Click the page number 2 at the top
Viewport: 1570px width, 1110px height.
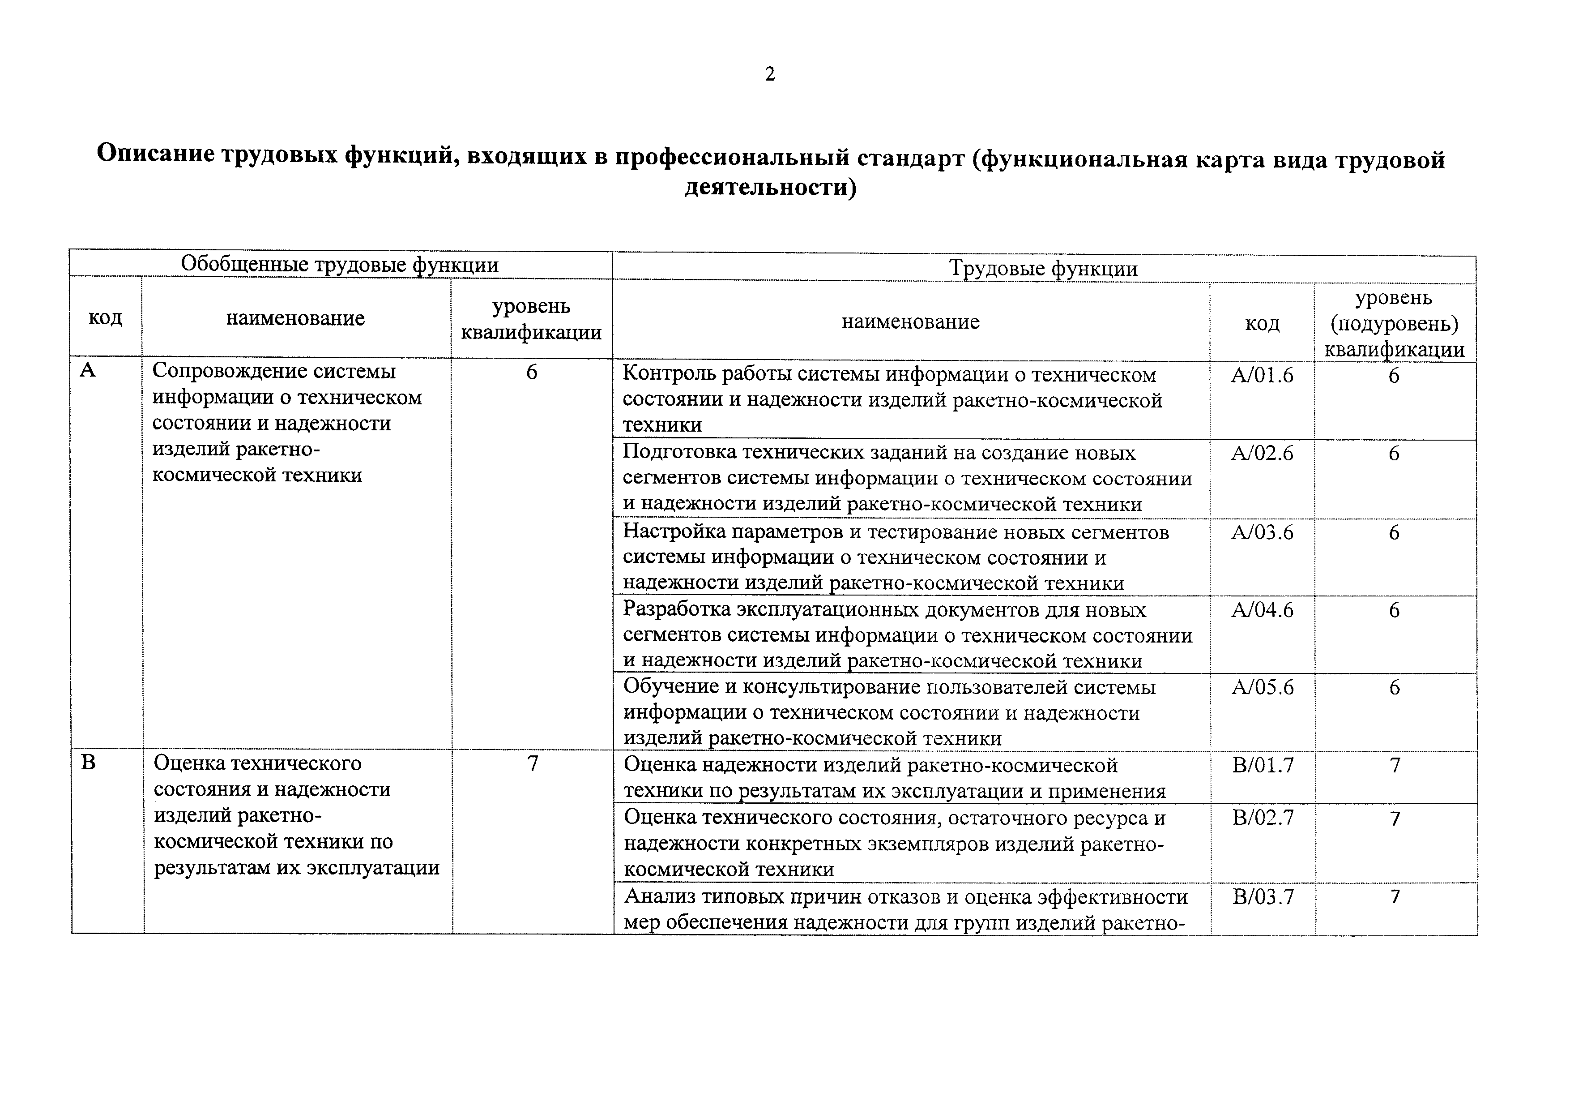pyautogui.click(x=770, y=74)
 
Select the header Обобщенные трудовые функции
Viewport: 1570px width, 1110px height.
pyautogui.click(x=339, y=265)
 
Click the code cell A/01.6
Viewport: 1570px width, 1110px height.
pyautogui.click(x=1262, y=376)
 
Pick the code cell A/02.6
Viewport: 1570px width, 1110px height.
pyautogui.click(x=1262, y=454)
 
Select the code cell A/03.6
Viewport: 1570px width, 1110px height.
pyautogui.click(x=1262, y=532)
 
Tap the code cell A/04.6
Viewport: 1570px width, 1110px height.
pyautogui.click(x=1262, y=610)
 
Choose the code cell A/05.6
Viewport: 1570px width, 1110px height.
pyautogui.click(x=1262, y=687)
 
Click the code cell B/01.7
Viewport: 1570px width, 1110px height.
pyautogui.click(x=1263, y=765)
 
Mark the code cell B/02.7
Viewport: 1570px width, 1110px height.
pyautogui.click(x=1263, y=818)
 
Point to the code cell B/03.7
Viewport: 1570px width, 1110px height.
pyautogui.click(x=1263, y=896)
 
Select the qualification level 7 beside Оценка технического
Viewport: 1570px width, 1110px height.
pyautogui.click(x=533, y=764)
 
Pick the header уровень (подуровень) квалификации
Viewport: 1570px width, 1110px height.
pyautogui.click(x=1394, y=323)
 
